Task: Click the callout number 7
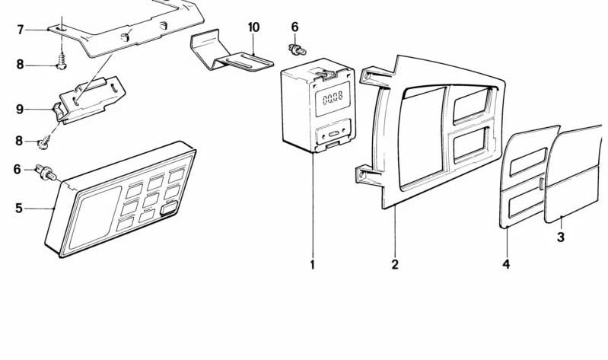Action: (21, 30)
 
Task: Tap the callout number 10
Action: (253, 27)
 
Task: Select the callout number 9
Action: (20, 110)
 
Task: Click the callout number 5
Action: (19, 209)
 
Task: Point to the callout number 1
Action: (313, 265)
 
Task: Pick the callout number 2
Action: (395, 265)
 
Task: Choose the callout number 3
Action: (561, 237)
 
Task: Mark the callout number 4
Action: (506, 265)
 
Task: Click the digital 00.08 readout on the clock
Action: (333, 98)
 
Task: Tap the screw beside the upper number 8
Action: (62, 62)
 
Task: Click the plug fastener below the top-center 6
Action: (298, 49)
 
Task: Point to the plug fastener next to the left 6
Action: (46, 173)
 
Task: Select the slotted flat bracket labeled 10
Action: (232, 53)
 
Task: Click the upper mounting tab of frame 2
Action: (371, 75)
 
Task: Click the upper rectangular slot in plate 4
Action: (529, 162)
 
